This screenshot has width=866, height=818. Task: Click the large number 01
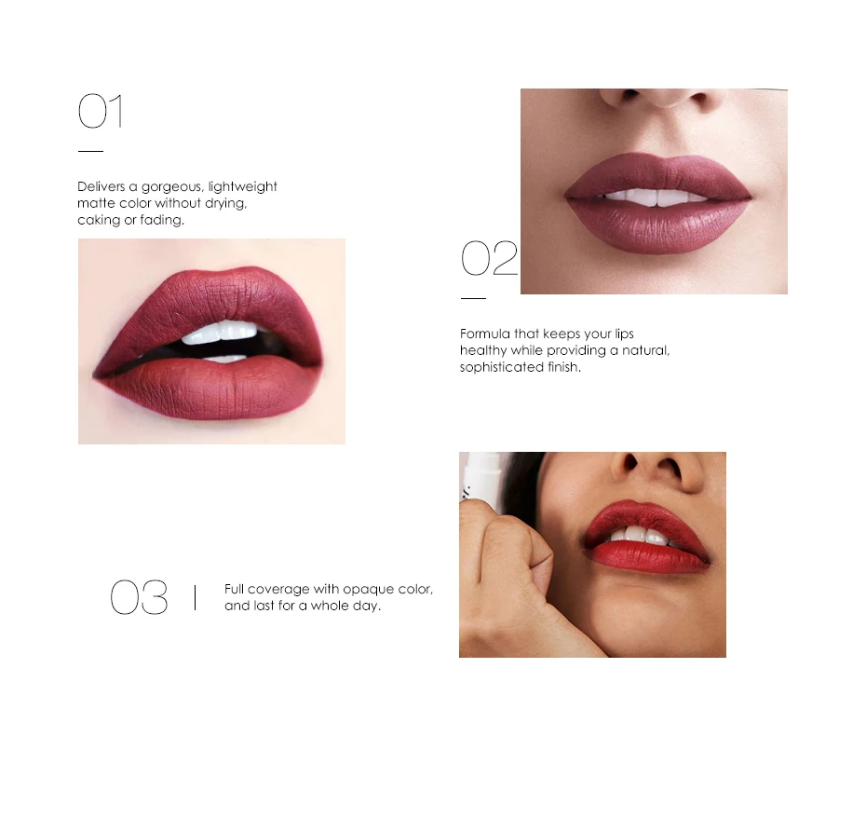click(100, 111)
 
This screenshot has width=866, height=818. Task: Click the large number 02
click(489, 257)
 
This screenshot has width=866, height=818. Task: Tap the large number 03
click(139, 597)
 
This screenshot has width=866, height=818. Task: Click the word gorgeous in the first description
click(172, 187)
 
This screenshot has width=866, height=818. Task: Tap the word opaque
click(369, 589)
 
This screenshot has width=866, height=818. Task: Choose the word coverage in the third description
click(278, 589)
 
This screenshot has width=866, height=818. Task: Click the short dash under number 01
click(90, 150)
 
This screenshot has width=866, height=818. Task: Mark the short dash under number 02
click(473, 298)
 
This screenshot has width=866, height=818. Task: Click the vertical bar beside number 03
click(195, 597)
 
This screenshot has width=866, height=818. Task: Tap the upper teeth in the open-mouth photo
click(220, 333)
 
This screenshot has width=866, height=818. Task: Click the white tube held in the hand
click(480, 476)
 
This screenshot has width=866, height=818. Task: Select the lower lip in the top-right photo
click(658, 225)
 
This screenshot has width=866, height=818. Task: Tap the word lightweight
click(242, 187)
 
